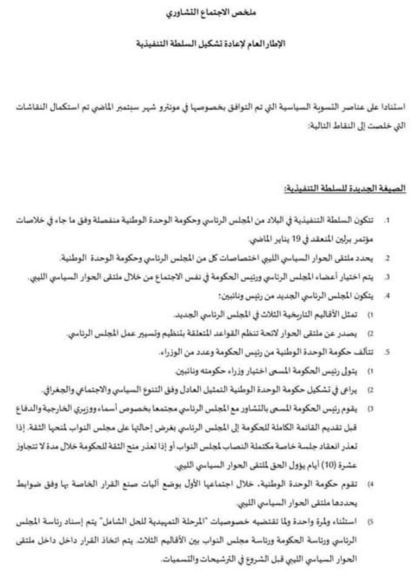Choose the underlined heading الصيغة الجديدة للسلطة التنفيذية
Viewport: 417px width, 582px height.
click(x=346, y=188)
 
